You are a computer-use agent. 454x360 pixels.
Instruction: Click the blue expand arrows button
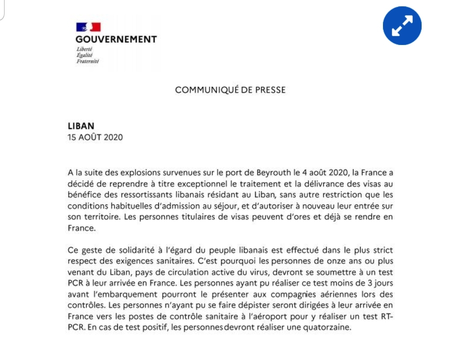[x=402, y=26]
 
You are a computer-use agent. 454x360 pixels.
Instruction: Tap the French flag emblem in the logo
[x=88, y=27]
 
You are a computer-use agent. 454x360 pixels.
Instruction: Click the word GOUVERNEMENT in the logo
[x=116, y=40]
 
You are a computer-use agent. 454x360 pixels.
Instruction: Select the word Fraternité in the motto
[x=87, y=61]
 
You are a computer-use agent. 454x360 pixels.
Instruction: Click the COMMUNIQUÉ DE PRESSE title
[x=230, y=90]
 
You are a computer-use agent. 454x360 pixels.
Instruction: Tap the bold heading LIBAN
[x=81, y=126]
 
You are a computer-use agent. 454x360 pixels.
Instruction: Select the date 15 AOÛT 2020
[x=95, y=137]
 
